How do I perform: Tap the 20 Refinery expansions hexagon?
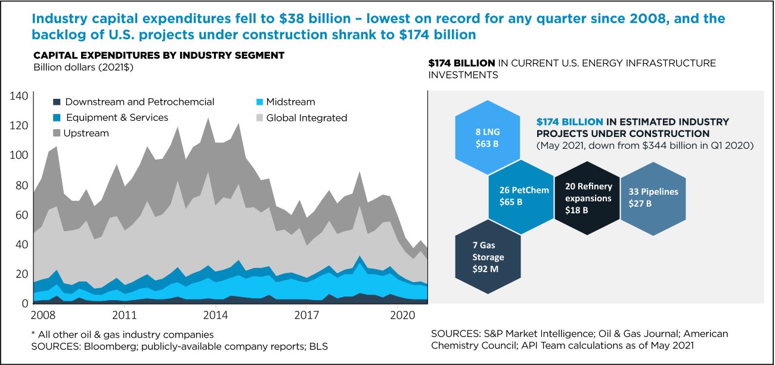[587, 197]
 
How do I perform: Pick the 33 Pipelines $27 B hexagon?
[653, 197]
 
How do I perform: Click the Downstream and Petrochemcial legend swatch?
[57, 102]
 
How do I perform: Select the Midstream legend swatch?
[258, 102]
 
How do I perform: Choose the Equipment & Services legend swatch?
[57, 118]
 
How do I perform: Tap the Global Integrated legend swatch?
[258, 118]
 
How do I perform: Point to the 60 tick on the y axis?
[20, 215]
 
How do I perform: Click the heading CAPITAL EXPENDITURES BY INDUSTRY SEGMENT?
[159, 55]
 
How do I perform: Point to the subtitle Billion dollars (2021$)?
[83, 67]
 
